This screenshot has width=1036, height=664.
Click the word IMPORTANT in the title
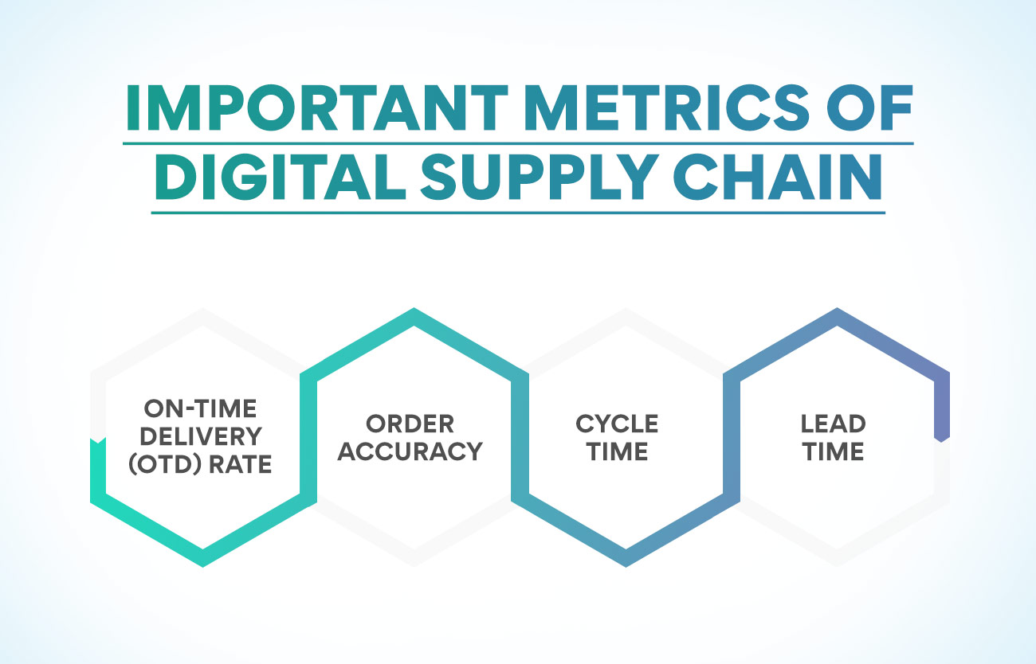(x=317, y=108)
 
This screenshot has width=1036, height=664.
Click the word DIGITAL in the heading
(x=281, y=177)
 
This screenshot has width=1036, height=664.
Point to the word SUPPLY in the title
(x=540, y=177)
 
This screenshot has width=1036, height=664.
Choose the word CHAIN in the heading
(x=778, y=177)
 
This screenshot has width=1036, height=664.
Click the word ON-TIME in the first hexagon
(x=200, y=408)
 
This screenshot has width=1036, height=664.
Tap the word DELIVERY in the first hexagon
(x=201, y=436)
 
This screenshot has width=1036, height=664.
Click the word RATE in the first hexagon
(x=241, y=464)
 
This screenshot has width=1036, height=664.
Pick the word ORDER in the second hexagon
(x=410, y=424)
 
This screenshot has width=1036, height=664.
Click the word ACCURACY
(x=410, y=451)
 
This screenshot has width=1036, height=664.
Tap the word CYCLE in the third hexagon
(x=617, y=424)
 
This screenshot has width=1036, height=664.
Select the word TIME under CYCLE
(x=618, y=451)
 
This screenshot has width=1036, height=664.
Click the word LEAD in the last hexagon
(x=833, y=424)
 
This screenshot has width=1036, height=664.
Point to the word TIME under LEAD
(x=834, y=451)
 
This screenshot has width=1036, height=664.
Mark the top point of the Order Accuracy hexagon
(x=414, y=309)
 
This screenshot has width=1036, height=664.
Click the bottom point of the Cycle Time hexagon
(x=626, y=566)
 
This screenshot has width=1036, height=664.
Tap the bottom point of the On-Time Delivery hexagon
(x=203, y=566)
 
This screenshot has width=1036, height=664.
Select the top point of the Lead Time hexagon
(x=837, y=309)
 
